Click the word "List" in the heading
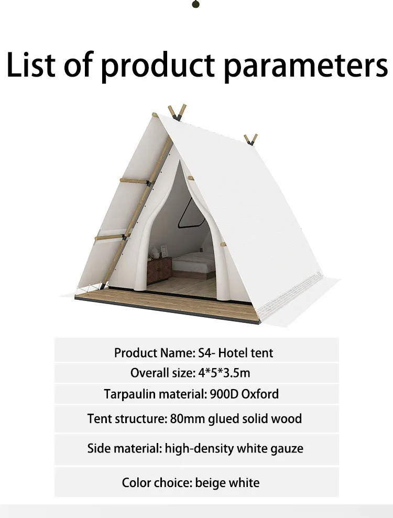tap(31, 64)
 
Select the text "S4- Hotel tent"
tap(235, 353)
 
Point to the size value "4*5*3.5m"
tap(224, 373)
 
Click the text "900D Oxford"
tap(244, 394)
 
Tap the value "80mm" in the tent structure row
tap(187, 418)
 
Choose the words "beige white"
tap(227, 483)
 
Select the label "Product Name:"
tap(155, 353)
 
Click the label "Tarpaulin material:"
tap(155, 394)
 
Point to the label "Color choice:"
tap(157, 483)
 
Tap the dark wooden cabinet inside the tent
tap(159, 270)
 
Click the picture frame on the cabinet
tap(164, 252)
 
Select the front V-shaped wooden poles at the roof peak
tap(177, 112)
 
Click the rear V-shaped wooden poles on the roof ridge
tap(250, 140)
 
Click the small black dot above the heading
tap(195, 4)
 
